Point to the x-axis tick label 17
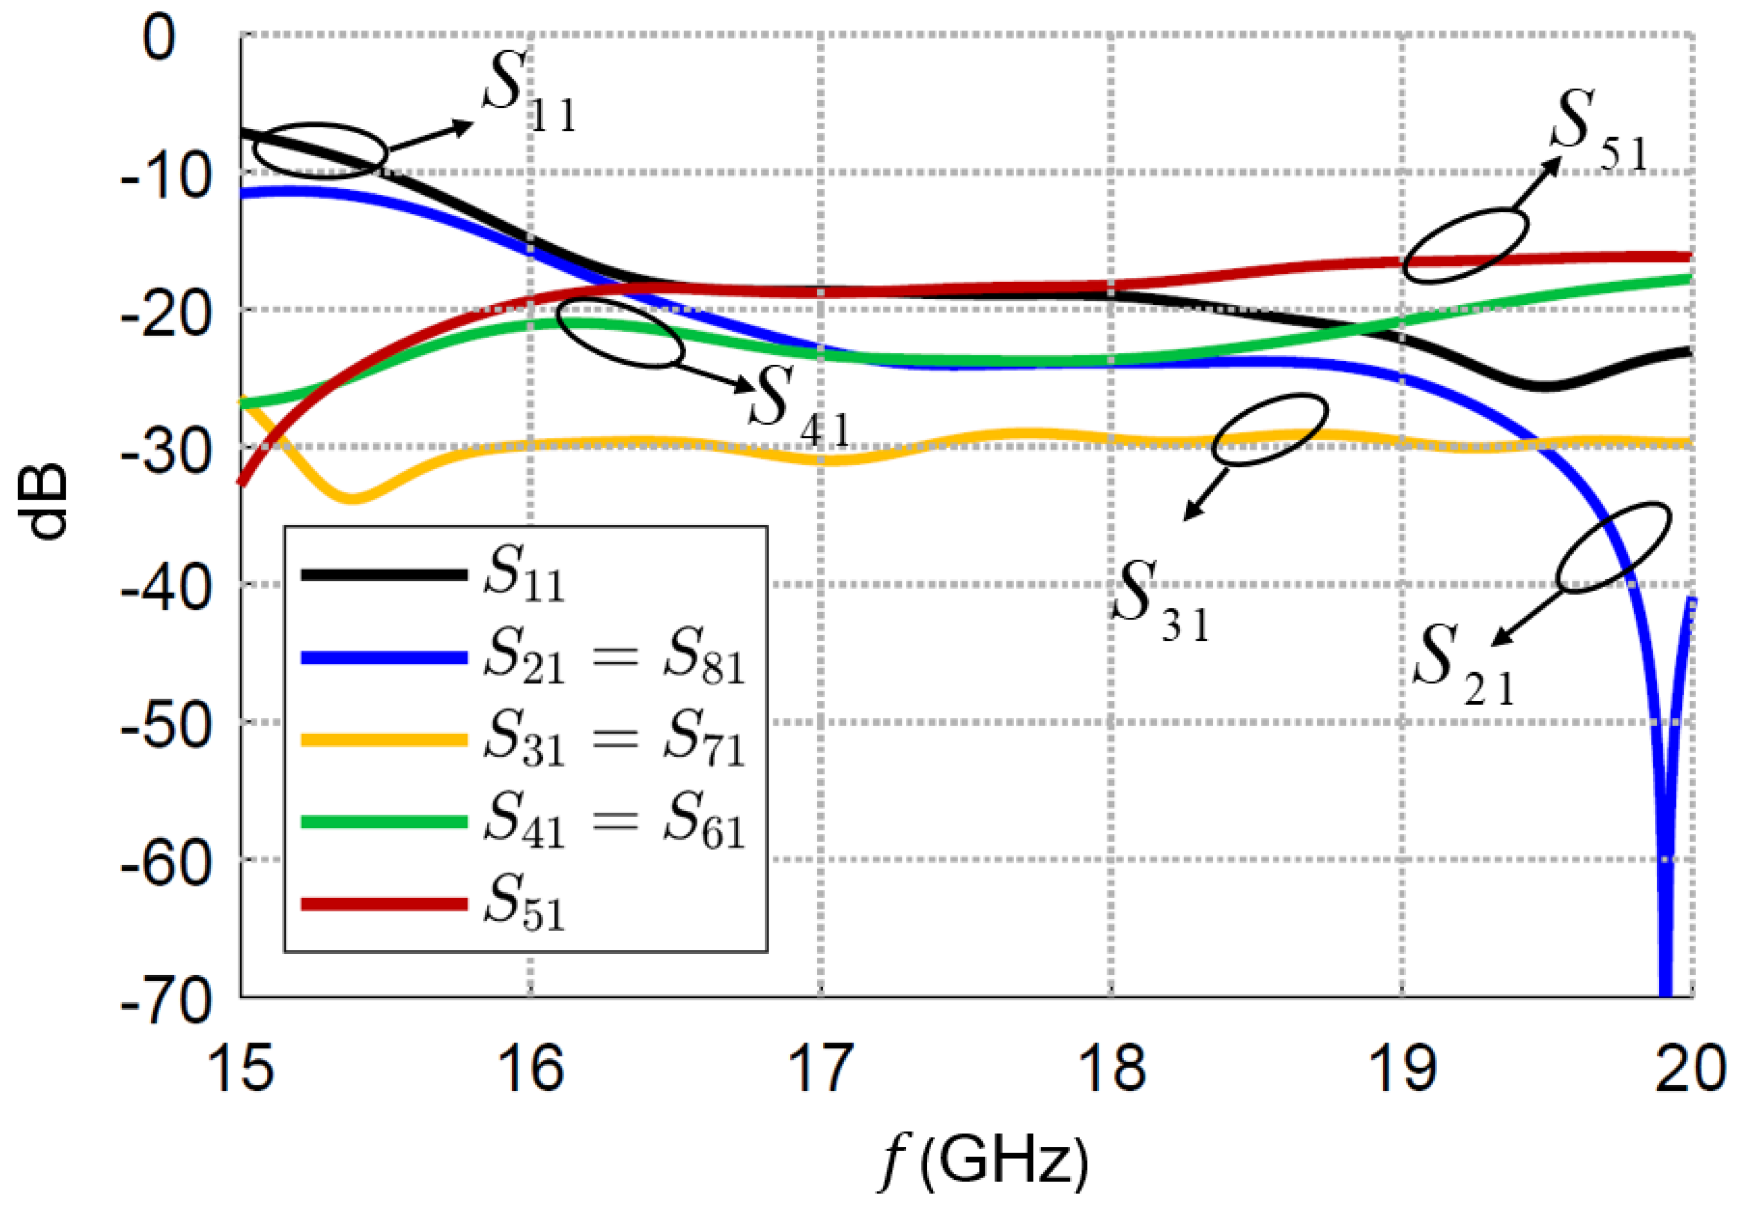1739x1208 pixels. (x=821, y=1068)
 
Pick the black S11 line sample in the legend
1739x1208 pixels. (x=384, y=575)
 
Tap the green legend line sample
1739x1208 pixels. (x=384, y=821)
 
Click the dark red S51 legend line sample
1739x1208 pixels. (x=384, y=903)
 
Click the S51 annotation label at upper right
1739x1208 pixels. (x=1597, y=136)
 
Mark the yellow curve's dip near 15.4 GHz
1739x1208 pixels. (x=352, y=498)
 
